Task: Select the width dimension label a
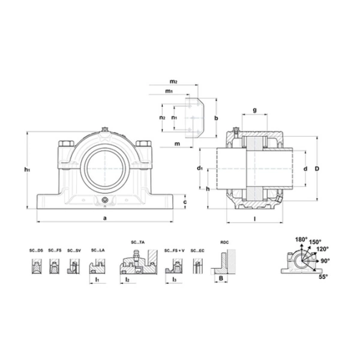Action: tap(105, 218)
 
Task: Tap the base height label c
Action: tap(185, 202)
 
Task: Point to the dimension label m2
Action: tap(173, 80)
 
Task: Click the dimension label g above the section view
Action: tap(254, 109)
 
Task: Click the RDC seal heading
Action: tap(224, 242)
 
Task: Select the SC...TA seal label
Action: tap(137, 242)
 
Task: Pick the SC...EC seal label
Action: tap(197, 250)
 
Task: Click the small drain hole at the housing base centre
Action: tap(105, 200)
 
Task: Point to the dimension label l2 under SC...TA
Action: tap(128, 280)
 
